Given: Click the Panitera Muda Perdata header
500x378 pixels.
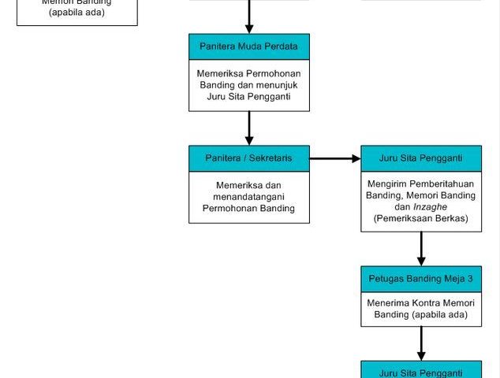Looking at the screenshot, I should point(249,46).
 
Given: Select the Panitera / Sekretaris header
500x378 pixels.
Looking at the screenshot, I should point(249,158).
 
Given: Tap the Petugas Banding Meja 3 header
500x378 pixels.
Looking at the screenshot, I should point(420,279).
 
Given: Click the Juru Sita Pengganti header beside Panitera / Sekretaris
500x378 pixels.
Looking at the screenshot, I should point(420,158).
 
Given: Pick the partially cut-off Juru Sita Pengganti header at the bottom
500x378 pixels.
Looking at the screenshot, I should point(420,372).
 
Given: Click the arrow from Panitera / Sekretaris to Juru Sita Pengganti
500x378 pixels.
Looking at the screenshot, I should point(334,158).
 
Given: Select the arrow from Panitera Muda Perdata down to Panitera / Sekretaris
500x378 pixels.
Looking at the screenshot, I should point(249,128).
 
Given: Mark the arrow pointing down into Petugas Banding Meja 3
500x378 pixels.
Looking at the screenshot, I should point(421,249).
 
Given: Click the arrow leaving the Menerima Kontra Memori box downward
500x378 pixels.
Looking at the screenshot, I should point(421,343).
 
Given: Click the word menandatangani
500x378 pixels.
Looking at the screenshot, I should point(249,197).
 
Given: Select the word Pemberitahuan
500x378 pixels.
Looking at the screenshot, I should point(441,183).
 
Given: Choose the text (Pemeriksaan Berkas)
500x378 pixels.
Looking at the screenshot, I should point(421,217).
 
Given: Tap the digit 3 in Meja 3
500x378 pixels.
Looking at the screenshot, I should point(470,279).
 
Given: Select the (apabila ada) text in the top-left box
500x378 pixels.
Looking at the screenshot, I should point(76,12).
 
